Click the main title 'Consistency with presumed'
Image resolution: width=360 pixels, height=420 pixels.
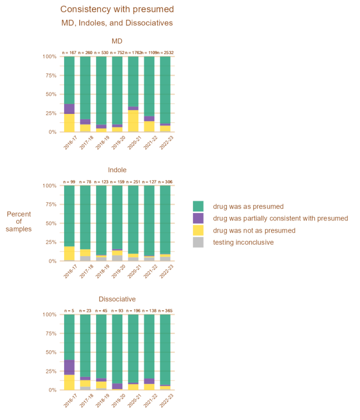pyautogui.click(x=117, y=9)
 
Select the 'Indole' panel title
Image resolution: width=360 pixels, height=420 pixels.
pyautogui.click(x=117, y=170)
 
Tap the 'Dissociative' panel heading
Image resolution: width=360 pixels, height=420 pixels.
pyautogui.click(x=117, y=299)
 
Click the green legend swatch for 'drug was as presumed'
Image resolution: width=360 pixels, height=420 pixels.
pyautogui.click(x=198, y=206)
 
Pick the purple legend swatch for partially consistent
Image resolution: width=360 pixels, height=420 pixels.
pyautogui.click(x=198, y=218)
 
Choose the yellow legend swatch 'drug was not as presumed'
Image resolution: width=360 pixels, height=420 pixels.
pyautogui.click(x=198, y=230)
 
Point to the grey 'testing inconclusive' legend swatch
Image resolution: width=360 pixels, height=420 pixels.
pyautogui.click(x=198, y=242)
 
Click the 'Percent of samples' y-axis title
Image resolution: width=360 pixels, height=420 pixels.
pyautogui.click(x=19, y=222)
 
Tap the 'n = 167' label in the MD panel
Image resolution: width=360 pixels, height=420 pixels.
pyautogui.click(x=69, y=52)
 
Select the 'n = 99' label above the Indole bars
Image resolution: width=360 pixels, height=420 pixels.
pyautogui.click(x=69, y=182)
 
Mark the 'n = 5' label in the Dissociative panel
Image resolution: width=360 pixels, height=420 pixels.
pyautogui.click(x=69, y=311)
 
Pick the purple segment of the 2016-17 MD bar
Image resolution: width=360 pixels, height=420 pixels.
pyautogui.click(x=69, y=109)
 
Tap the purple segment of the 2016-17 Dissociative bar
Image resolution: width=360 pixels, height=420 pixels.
pyautogui.click(x=69, y=367)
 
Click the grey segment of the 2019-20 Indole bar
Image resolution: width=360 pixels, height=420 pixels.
pyautogui.click(x=117, y=258)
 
